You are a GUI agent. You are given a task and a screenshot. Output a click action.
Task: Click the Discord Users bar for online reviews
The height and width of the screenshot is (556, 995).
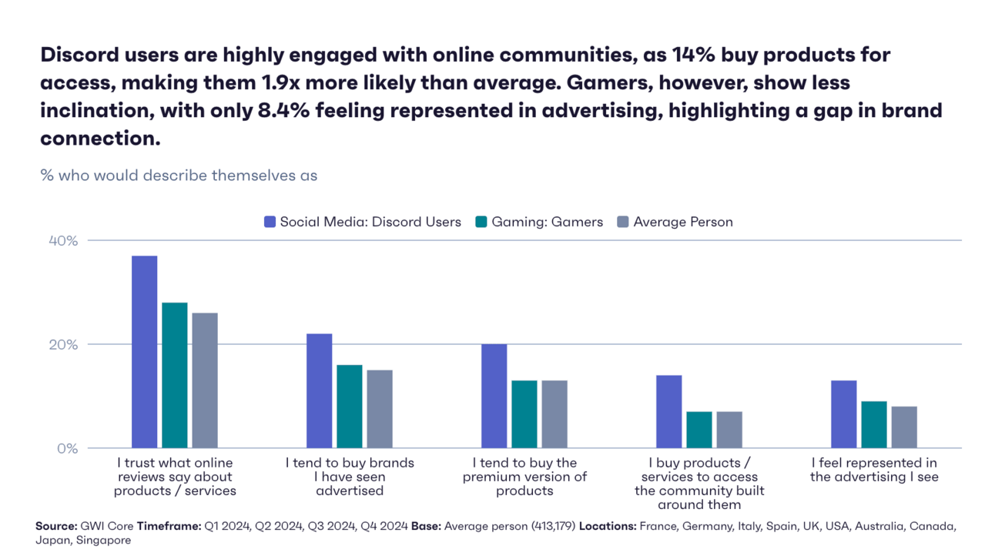click(x=144, y=352)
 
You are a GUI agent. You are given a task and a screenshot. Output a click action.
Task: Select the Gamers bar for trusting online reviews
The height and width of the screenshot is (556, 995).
click(x=175, y=375)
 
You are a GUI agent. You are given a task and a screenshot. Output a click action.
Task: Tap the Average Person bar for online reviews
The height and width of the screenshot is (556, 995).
click(x=205, y=380)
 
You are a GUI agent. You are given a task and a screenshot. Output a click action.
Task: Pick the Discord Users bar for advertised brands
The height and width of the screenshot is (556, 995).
click(x=319, y=390)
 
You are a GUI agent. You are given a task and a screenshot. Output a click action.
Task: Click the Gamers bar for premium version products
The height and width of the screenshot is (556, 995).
click(x=524, y=414)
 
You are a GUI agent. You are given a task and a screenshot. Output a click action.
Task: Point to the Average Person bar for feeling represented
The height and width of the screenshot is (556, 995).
click(x=904, y=427)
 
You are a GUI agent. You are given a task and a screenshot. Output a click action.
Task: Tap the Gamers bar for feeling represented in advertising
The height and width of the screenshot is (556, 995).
click(x=874, y=424)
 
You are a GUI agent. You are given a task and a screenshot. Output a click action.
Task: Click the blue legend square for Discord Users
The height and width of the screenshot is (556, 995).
click(x=270, y=222)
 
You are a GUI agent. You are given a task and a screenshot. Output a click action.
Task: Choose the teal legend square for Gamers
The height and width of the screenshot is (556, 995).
click(x=481, y=222)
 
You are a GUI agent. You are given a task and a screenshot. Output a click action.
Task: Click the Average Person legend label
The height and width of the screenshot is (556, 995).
click(x=683, y=222)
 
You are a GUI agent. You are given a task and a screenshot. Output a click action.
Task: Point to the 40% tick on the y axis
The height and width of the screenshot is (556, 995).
click(x=63, y=241)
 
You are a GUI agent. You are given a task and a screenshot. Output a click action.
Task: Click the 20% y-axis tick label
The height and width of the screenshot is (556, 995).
click(x=63, y=345)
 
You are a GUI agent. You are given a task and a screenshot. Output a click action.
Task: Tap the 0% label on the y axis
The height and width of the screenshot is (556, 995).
click(x=67, y=448)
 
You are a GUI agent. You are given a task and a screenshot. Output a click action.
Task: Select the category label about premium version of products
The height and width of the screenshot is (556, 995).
click(x=524, y=477)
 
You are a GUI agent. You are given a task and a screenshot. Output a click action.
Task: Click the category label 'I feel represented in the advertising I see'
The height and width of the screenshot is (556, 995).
click(x=874, y=470)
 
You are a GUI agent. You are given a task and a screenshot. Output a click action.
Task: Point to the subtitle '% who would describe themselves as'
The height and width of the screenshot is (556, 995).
click(x=179, y=176)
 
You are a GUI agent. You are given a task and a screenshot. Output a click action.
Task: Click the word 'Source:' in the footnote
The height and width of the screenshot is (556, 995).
click(x=56, y=526)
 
